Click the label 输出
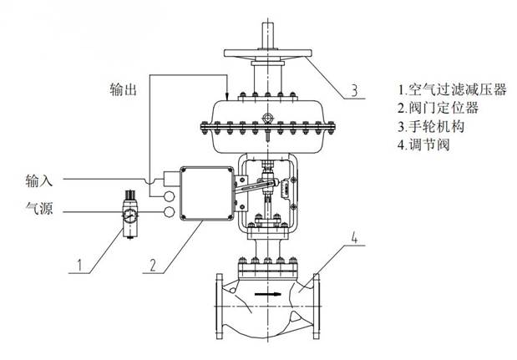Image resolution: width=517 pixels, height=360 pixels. pyautogui.click(x=123, y=89)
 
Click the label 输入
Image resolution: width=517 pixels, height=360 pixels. pyautogui.click(x=39, y=180)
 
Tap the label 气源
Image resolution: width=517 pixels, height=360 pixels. pyautogui.click(x=39, y=208)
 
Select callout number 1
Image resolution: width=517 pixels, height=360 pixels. pyautogui.click(x=79, y=265)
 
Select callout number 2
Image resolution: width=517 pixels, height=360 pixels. pyautogui.click(x=153, y=265)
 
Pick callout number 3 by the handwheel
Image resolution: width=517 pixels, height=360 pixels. pyautogui.click(x=354, y=90)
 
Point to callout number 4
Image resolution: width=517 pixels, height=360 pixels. pyautogui.click(x=354, y=237)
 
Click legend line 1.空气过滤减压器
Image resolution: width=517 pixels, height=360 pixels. pyautogui.click(x=452, y=89)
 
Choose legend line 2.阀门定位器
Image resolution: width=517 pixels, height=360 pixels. pyautogui.click(x=438, y=108)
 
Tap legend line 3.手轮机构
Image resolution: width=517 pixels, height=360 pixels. pyautogui.click(x=431, y=126)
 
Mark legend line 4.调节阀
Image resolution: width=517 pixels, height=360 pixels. pyautogui.click(x=424, y=145)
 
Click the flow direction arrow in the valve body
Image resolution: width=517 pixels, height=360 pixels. pyautogui.click(x=268, y=294)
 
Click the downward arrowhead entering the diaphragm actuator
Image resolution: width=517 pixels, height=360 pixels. pyautogui.click(x=227, y=95)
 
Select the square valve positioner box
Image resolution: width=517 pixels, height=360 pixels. pyautogui.click(x=207, y=194)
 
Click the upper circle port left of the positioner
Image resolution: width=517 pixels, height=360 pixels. pyautogui.click(x=169, y=196)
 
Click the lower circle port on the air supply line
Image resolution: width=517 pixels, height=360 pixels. pyautogui.click(x=169, y=212)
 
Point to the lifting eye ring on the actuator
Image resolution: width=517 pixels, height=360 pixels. pyautogui.click(x=266, y=118)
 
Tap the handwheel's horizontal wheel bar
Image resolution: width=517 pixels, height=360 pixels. pyautogui.click(x=268, y=53)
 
